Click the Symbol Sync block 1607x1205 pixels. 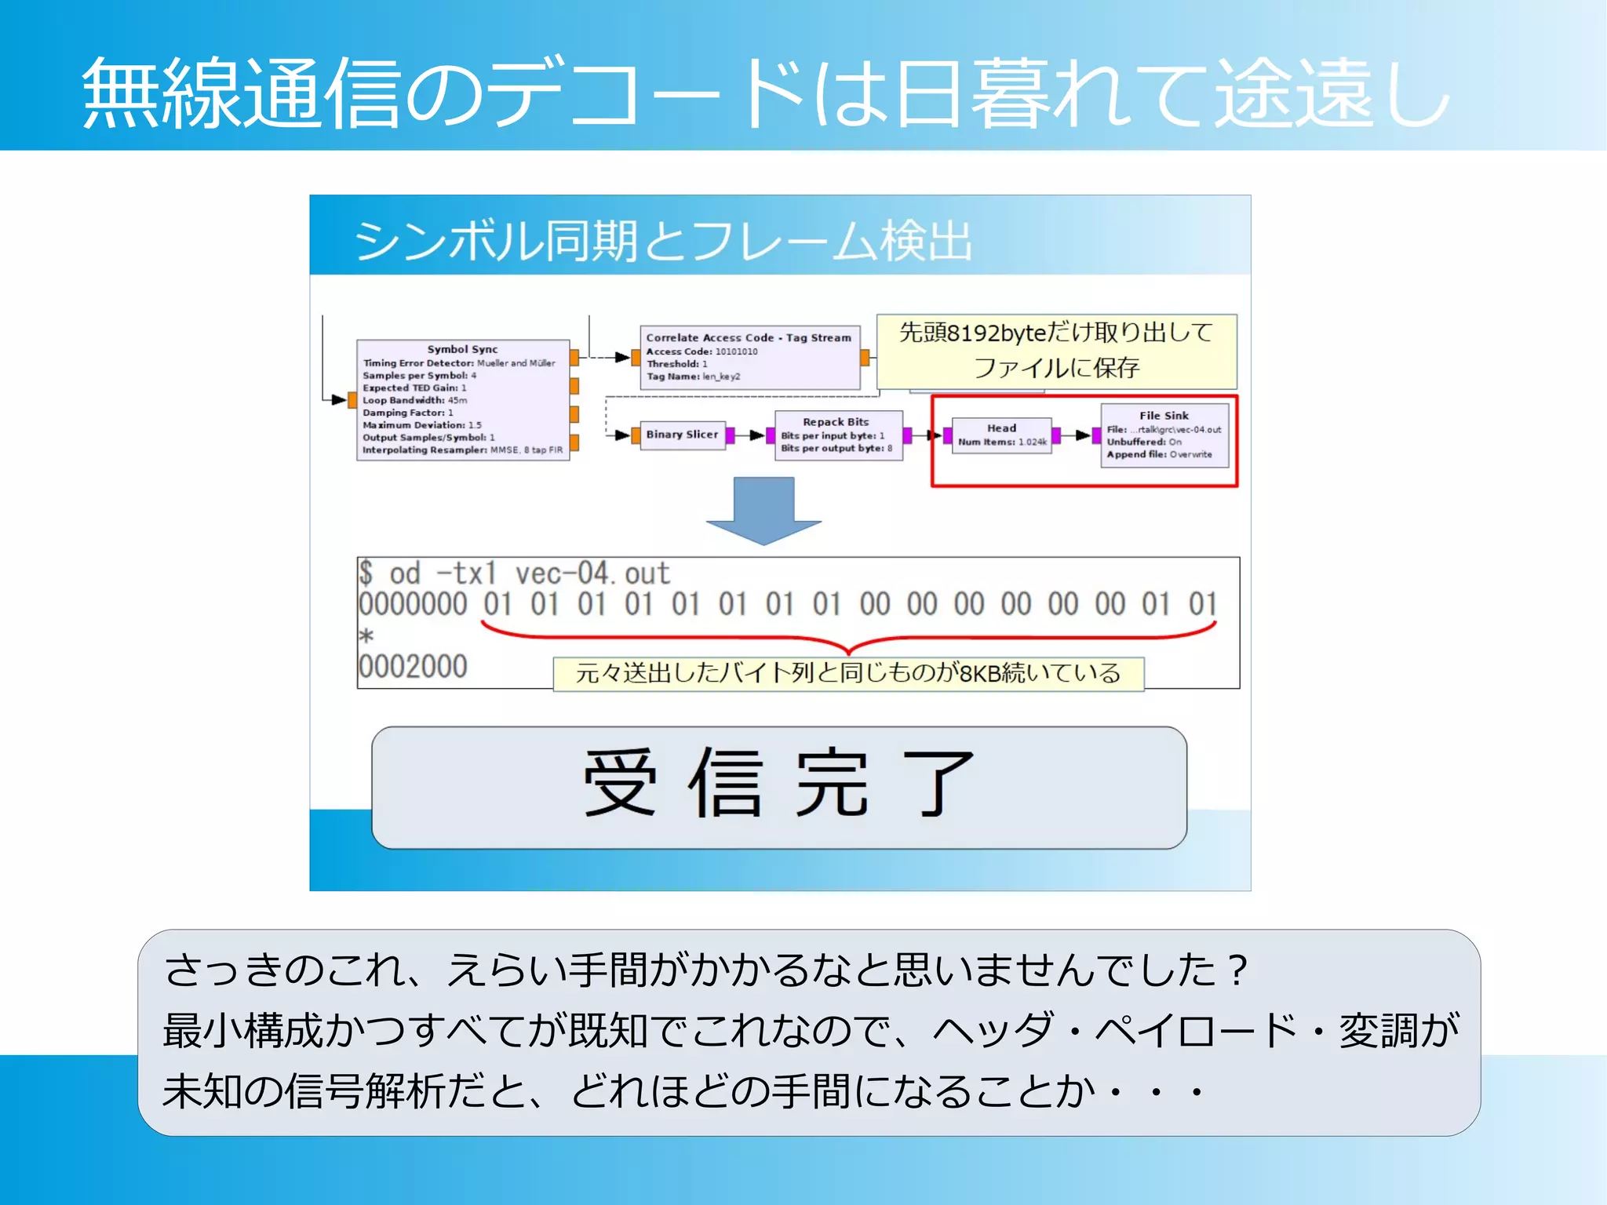click(462, 400)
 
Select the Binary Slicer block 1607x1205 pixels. click(681, 435)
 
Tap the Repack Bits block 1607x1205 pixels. click(838, 435)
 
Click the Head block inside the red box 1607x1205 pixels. click(1001, 435)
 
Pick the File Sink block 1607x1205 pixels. click(1164, 435)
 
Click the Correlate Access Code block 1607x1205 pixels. click(749, 357)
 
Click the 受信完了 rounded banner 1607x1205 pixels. click(778, 787)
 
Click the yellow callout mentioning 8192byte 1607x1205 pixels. click(1056, 351)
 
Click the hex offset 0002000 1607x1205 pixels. click(413, 667)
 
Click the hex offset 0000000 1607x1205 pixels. click(413, 605)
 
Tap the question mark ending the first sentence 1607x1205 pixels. click(1238, 970)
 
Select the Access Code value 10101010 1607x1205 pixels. click(736, 351)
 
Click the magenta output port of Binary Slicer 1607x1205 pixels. click(731, 435)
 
